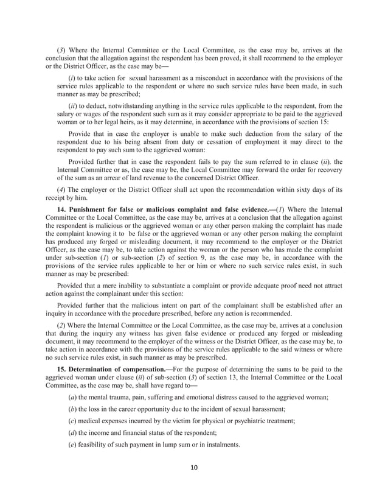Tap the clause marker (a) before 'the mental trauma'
coord(72,396)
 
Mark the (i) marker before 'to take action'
coord(72,77)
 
